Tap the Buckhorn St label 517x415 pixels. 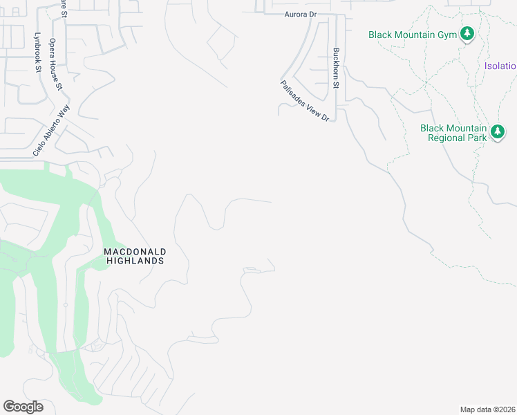point(336,68)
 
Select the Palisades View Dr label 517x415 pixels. point(305,101)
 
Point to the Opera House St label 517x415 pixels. point(55,64)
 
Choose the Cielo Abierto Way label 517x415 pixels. point(51,130)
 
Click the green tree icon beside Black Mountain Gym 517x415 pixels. point(467,33)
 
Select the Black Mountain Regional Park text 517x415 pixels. point(453,133)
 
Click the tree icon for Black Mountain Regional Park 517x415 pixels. point(497,131)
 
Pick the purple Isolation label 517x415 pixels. point(500,66)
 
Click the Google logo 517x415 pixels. point(23,407)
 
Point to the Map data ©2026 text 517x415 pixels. point(487,409)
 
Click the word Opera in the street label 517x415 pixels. point(53,48)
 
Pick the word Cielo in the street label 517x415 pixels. point(39,145)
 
